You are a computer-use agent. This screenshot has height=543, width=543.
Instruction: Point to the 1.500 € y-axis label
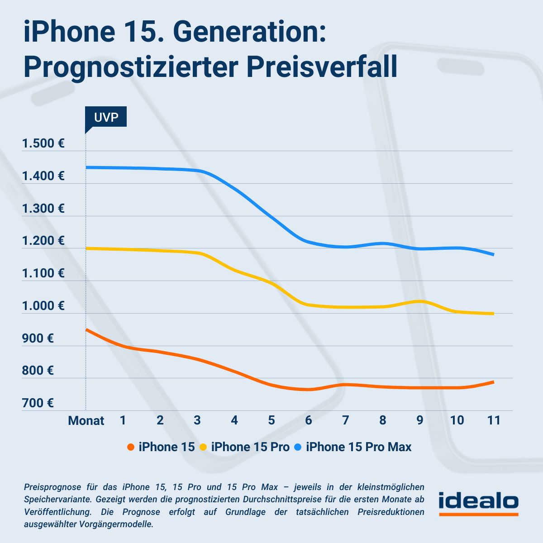43,144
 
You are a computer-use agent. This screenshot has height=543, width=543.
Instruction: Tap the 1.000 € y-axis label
43,306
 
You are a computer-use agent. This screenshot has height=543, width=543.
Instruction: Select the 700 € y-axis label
38,403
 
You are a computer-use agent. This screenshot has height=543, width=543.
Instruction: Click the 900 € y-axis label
38,338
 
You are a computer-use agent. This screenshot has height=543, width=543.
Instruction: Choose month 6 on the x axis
309,420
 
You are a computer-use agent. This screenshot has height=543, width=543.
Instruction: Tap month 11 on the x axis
494,420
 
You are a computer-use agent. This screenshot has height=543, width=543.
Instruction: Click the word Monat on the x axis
86,421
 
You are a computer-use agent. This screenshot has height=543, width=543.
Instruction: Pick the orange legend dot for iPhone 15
131,447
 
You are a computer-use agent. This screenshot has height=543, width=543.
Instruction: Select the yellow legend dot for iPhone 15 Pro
204,447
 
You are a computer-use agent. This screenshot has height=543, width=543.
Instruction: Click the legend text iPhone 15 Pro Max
358,447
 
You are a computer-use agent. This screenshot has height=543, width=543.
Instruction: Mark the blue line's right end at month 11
493,254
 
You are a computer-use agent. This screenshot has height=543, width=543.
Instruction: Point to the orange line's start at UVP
87,330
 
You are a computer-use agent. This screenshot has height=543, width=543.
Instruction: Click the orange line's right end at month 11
493,382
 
